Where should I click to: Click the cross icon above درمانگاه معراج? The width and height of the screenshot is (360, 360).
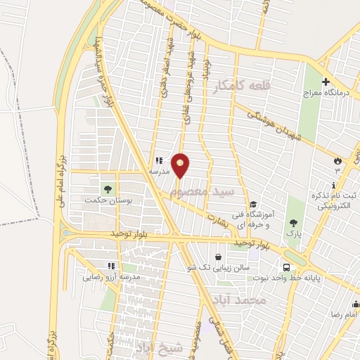tap(325, 81)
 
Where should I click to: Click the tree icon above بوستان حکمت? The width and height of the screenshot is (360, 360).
tap(108, 188)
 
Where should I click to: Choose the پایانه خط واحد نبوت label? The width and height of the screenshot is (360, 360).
tap(311, 278)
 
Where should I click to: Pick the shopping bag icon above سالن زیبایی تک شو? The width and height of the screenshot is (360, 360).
tap(221, 257)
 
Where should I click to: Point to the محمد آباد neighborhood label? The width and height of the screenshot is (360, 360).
tap(244, 300)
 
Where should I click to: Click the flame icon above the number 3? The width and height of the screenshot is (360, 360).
tap(337, 160)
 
